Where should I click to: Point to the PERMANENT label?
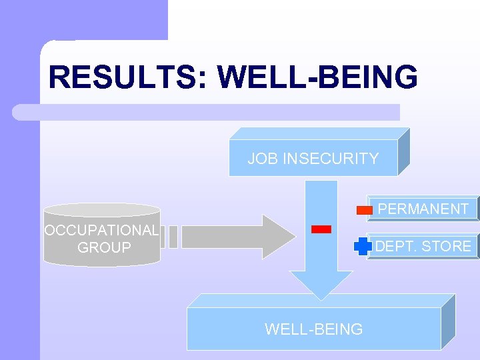point(423,209)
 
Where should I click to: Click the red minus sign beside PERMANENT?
point(365,210)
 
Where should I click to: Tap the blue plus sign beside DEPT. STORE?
point(363,246)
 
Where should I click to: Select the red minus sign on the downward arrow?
point(321,229)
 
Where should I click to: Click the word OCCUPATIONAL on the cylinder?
point(101,231)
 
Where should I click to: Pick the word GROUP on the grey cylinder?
point(105,248)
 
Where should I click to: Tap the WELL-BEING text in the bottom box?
point(313,329)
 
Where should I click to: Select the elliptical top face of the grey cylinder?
point(101,209)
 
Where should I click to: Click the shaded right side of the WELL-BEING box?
point(448,322)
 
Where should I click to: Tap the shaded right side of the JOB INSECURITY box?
point(403,152)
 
